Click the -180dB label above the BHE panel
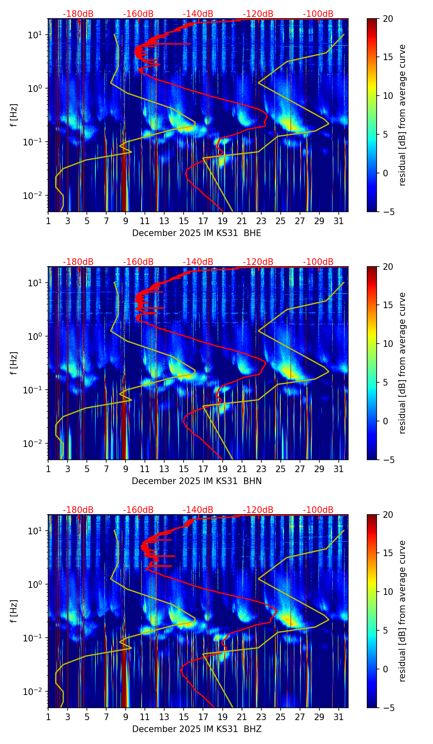(x=78, y=14)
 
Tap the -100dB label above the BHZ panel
(x=318, y=510)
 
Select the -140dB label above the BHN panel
(x=198, y=262)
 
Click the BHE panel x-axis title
(x=196, y=233)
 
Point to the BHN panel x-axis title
(x=196, y=481)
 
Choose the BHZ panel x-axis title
(x=196, y=729)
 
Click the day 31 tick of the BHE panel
(x=339, y=221)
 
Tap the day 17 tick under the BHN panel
(x=203, y=469)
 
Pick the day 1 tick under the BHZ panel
(x=48, y=717)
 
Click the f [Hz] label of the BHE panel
(x=14, y=115)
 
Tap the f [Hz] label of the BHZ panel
(x=14, y=611)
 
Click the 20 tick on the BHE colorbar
(x=388, y=19)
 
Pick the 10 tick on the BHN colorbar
(x=388, y=344)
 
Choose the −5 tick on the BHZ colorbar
(x=388, y=708)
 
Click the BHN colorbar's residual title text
(x=402, y=363)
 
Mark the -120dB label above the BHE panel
(x=258, y=14)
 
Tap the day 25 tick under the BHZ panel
(x=281, y=717)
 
